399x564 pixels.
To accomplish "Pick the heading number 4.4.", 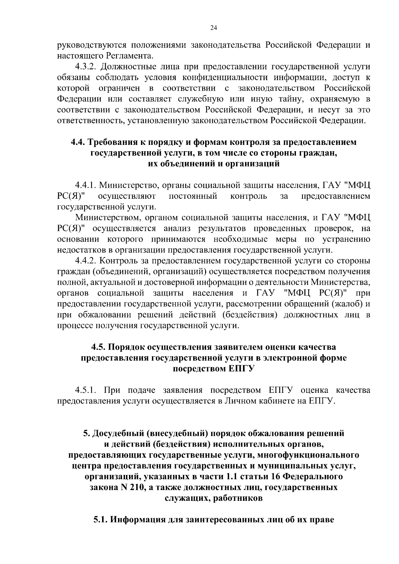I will (78, 142).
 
